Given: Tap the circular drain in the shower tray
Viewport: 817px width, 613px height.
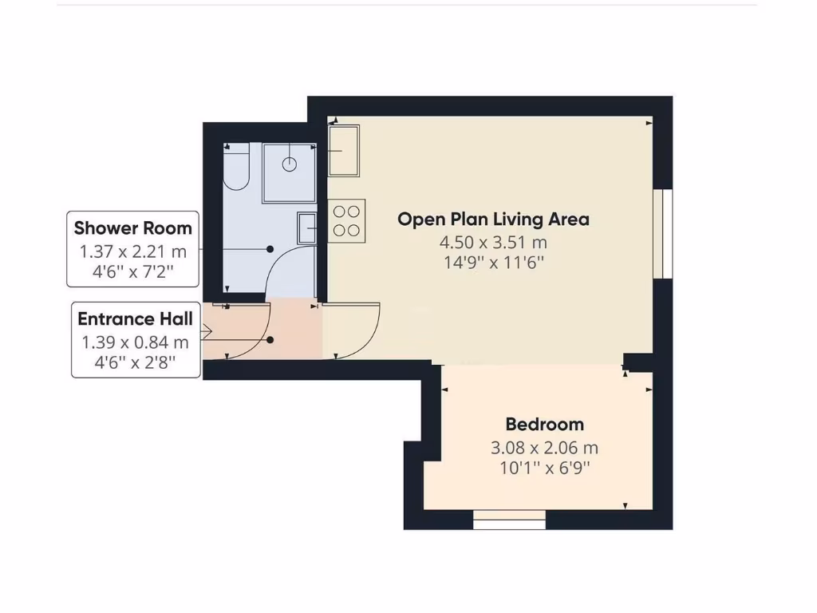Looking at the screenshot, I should pyautogui.click(x=289, y=164).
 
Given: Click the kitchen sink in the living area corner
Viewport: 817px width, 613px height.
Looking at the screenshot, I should pyautogui.click(x=344, y=150).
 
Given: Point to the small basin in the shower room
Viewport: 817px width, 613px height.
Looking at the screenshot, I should pyautogui.click(x=307, y=227).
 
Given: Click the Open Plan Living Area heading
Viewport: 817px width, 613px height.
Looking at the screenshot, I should pyautogui.click(x=493, y=219).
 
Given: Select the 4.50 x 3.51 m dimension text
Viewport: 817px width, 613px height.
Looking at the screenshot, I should pyautogui.click(x=493, y=243).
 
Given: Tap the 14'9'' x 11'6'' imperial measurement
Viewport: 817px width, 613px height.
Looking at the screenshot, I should pyautogui.click(x=493, y=262).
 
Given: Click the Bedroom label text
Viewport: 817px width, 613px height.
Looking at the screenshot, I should pyautogui.click(x=544, y=425).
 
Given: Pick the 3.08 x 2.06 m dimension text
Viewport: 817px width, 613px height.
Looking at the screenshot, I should pyautogui.click(x=544, y=448).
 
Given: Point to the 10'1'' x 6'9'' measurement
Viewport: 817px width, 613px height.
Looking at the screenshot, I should pyautogui.click(x=544, y=468).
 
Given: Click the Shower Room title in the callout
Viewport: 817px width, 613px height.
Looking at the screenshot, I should pyautogui.click(x=133, y=228).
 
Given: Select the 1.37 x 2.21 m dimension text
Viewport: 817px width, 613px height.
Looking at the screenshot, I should pyautogui.click(x=133, y=252).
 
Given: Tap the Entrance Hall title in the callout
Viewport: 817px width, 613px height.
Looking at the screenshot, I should pyautogui.click(x=135, y=319).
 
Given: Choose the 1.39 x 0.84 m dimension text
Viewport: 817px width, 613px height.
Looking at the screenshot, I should pyautogui.click(x=135, y=343).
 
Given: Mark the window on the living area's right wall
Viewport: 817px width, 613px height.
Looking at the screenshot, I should pyautogui.click(x=663, y=234).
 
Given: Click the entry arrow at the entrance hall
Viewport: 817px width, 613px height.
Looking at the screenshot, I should pyautogui.click(x=207, y=330).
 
